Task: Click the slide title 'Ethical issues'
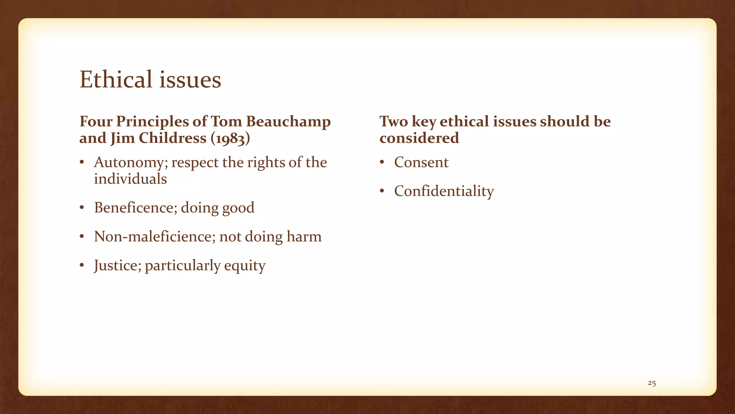(x=150, y=79)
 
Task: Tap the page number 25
(x=652, y=383)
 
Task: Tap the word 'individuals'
(x=130, y=179)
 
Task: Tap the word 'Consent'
(x=421, y=162)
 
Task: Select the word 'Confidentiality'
(x=444, y=191)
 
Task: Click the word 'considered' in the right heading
(x=419, y=138)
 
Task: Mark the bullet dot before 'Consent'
(x=382, y=163)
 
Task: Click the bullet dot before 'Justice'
(x=82, y=266)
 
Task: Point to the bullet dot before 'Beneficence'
(x=82, y=208)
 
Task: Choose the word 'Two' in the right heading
(x=394, y=122)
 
